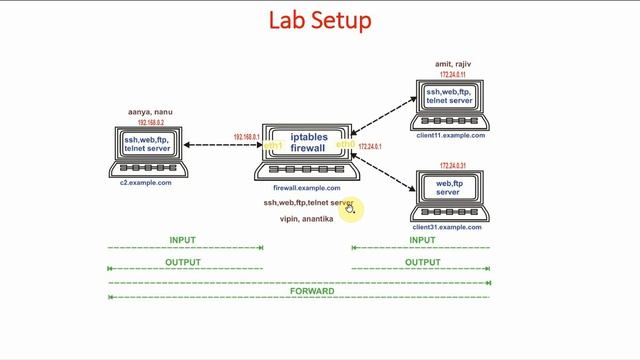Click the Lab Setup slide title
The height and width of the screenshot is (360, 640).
(320, 20)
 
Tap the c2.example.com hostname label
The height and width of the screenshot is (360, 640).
(147, 183)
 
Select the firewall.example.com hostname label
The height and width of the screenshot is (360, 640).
(307, 188)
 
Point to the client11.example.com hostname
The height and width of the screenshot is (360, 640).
(448, 135)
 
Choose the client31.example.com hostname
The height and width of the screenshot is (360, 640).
(446, 227)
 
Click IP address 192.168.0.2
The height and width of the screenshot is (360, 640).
(146, 122)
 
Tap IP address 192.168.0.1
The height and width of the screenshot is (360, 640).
(246, 137)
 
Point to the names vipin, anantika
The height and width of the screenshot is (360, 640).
(307, 218)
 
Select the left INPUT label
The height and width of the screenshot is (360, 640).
(183, 240)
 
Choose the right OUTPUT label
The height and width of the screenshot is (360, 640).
(422, 262)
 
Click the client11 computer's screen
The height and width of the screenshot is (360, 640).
(449, 97)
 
